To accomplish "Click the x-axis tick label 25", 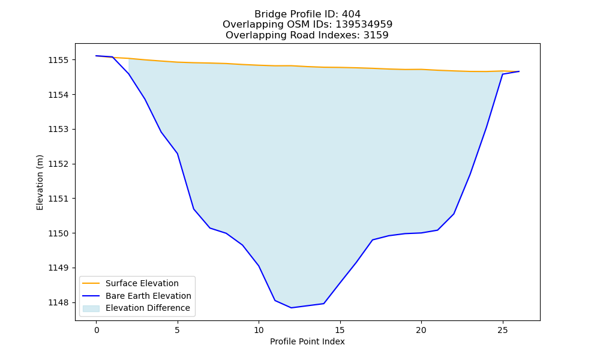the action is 502,330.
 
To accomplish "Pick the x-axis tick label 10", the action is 259,330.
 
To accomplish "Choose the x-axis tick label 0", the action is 97,330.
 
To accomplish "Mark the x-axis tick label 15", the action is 340,330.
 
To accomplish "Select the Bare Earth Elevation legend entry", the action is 137,296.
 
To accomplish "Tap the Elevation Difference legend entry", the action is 136,308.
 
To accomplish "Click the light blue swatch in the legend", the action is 91,308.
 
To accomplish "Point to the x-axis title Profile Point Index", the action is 307,341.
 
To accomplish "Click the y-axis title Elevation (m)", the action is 40,182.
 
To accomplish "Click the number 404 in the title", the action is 351,14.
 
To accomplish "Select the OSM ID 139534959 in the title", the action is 364,25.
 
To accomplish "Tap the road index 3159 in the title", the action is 376,35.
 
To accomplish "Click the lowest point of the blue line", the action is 291,308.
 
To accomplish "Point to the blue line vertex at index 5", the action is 178,154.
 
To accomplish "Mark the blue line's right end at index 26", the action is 519,71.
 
